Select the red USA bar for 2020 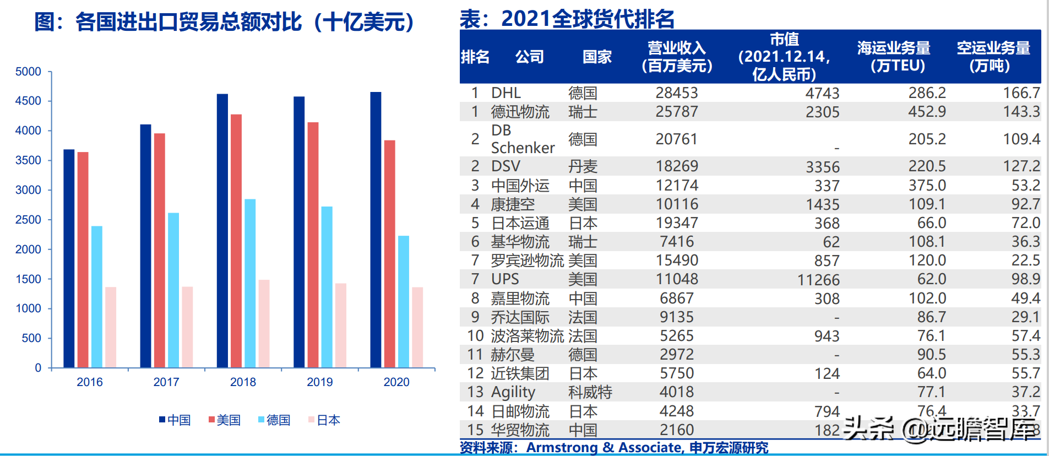389,253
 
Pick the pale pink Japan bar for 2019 341,325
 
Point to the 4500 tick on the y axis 28,101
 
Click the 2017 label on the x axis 166,382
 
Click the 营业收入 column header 677,57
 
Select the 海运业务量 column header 894,57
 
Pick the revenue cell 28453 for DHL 677,93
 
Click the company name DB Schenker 522,139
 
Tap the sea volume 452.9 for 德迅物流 927,112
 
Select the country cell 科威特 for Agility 590,393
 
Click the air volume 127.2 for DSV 1021,166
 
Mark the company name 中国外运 520,186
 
